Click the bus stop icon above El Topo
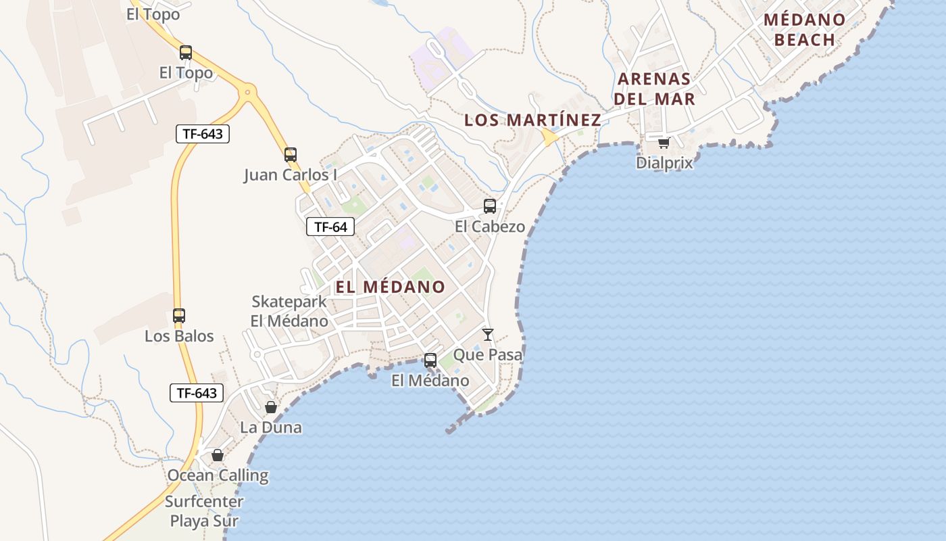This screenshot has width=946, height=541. point(185,52)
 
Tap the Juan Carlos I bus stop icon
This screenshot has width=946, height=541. point(291,155)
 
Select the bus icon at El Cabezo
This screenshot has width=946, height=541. point(490,206)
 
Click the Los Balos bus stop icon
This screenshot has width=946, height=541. point(179,316)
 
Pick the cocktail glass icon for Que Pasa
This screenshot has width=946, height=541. point(488,334)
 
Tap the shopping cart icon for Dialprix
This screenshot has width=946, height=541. point(664,143)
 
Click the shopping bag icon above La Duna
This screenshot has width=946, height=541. point(271,407)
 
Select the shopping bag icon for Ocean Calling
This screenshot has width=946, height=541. point(218,455)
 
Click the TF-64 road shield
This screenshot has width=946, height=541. point(330,227)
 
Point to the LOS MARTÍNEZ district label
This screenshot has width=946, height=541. point(532,120)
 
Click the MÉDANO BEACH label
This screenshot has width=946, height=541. point(805,30)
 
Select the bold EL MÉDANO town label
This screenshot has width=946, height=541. point(391,287)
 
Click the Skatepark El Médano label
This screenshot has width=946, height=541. point(289,312)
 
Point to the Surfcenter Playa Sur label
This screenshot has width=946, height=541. point(204,511)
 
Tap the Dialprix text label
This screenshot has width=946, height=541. point(664,163)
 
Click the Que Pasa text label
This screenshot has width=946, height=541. point(488,354)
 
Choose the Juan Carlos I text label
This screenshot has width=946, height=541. point(291,175)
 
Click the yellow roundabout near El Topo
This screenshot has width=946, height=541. point(248,91)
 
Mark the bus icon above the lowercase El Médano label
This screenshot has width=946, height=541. point(430,360)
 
